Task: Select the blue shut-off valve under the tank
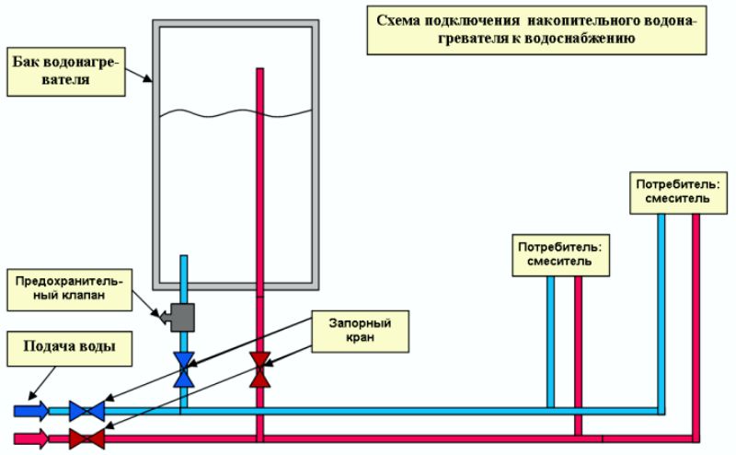click(185, 367)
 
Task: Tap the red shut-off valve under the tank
click(261, 367)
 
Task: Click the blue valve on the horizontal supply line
click(87, 410)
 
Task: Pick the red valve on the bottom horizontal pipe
click(87, 438)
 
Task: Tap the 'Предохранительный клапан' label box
click(67, 286)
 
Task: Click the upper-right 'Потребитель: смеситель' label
click(679, 191)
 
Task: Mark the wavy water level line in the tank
click(236, 113)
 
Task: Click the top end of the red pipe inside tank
click(261, 72)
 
